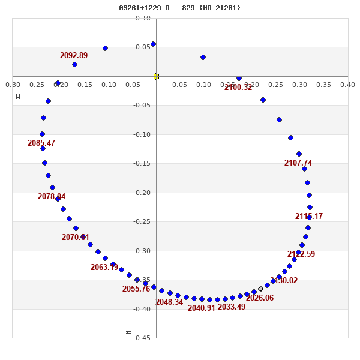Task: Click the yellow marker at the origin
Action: [156, 76]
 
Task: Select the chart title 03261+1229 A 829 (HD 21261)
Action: [179, 8]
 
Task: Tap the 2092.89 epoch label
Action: [74, 56]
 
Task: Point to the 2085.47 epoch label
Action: [41, 143]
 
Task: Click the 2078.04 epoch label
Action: [52, 197]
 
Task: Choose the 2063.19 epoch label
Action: [104, 268]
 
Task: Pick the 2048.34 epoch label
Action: [169, 302]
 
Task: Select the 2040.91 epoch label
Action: [201, 308]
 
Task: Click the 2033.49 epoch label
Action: [232, 307]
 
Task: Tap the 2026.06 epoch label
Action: [260, 298]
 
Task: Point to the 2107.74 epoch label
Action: [298, 163]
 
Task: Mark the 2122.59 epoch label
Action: [301, 254]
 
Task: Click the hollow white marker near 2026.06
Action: [260, 289]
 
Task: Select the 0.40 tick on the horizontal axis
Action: [347, 85]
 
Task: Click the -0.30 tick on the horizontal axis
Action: [11, 85]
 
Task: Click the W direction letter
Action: [18, 97]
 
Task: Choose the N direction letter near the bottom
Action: [128, 332]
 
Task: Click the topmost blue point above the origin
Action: [153, 44]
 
